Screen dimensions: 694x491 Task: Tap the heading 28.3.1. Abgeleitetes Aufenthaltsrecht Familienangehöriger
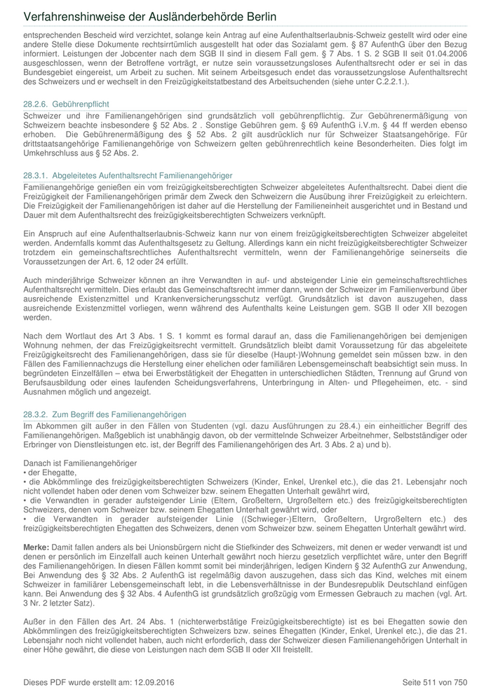[128, 175]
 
